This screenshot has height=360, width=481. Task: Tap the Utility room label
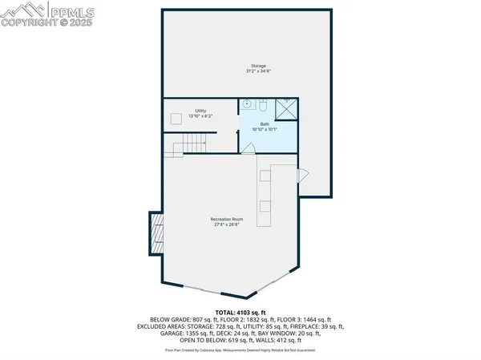point(200,111)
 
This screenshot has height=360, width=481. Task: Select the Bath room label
point(264,123)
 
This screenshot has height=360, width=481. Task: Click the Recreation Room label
point(227,219)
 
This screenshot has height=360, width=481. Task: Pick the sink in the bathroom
point(264,105)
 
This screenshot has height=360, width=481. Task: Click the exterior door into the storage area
point(302,175)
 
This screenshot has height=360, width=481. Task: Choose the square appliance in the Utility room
point(175,118)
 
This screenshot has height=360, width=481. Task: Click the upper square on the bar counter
point(264,175)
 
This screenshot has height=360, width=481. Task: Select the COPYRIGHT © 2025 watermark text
point(47,23)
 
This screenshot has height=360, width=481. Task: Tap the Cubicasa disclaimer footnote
point(240,350)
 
